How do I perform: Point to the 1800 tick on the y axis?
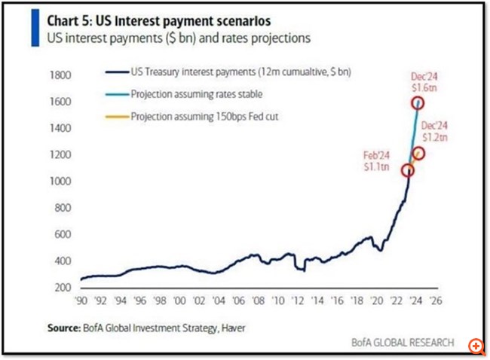[x=60, y=75]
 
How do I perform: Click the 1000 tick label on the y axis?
[x=60, y=182]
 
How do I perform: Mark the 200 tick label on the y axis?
[x=63, y=288]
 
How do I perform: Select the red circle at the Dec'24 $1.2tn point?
[x=418, y=154]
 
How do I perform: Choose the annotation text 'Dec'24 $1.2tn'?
[x=435, y=131]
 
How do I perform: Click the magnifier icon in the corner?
[x=476, y=346]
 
